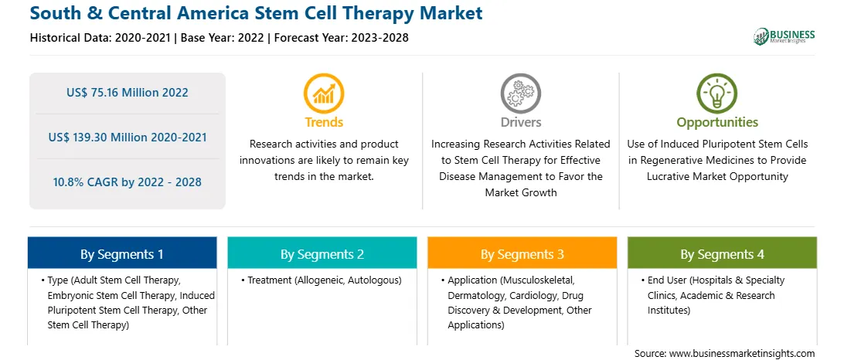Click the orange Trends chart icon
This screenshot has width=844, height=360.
coord(324,93)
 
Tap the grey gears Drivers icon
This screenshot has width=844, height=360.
coord(520,93)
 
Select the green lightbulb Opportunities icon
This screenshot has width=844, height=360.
coord(717,93)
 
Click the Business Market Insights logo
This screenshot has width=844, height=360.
coord(784,36)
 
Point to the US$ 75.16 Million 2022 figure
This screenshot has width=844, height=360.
coord(128,93)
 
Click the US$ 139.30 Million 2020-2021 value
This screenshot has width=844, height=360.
coord(128,138)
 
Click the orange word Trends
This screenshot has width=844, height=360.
coord(324,122)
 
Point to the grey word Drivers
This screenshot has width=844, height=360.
coord(521,122)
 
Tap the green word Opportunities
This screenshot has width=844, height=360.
coord(717,123)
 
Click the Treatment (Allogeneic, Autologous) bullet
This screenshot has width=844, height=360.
coord(322,280)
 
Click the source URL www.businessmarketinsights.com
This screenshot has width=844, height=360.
coord(741,354)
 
